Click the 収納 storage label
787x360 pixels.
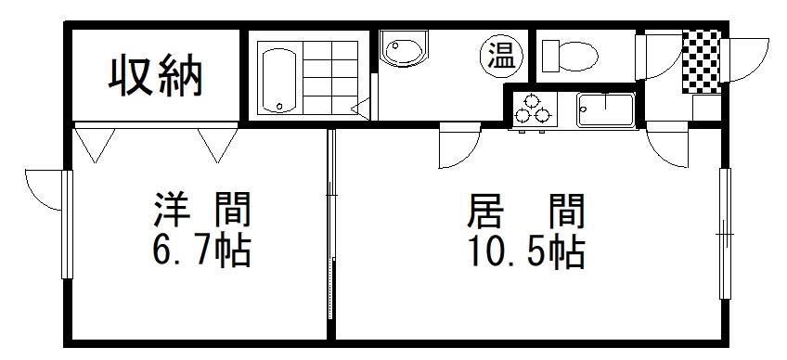(155, 76)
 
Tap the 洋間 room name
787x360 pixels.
(202, 212)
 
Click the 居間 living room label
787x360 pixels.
(525, 212)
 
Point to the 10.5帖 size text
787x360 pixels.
(525, 251)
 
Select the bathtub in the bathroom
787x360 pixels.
(277, 79)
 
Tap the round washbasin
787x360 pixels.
(404, 51)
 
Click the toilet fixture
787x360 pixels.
(567, 54)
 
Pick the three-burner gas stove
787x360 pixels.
(534, 109)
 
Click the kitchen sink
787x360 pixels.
(606, 109)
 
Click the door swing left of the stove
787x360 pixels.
(458, 147)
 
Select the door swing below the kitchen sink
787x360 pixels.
(666, 144)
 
